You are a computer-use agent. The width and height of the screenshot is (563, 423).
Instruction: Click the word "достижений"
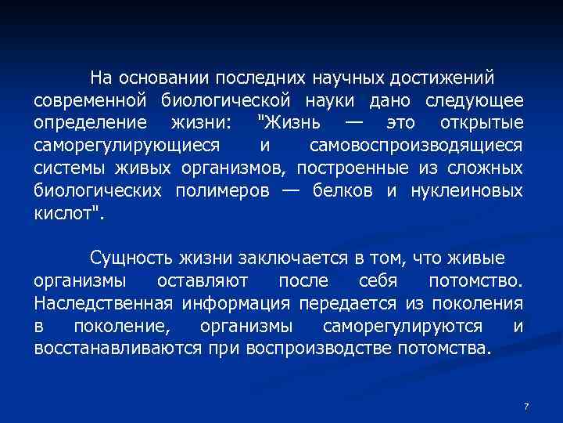(447, 78)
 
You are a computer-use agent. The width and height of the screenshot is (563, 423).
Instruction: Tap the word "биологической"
(226, 101)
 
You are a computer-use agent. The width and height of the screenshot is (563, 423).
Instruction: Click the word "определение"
(89, 124)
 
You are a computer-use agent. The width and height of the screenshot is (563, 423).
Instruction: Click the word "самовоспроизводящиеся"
(417, 146)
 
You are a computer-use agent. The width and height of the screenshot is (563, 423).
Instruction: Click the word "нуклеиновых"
(468, 192)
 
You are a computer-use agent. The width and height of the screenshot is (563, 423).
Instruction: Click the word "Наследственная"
(105, 303)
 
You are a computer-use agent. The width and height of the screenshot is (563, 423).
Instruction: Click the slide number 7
(526, 407)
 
